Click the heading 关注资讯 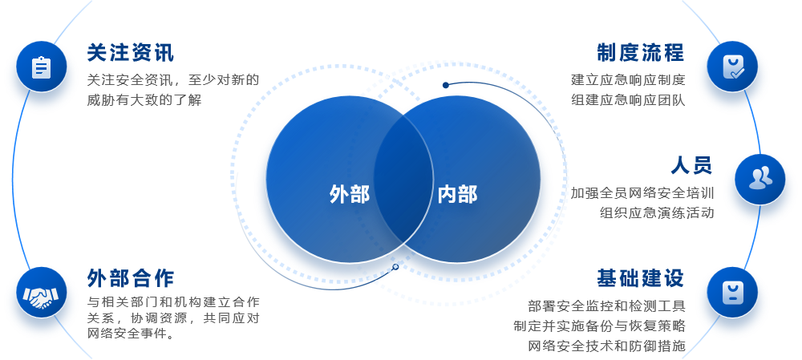[130, 53]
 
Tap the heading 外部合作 [130, 278]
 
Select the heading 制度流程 [640, 53]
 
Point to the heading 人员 [691, 166]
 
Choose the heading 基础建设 [640, 278]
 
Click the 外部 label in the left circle [350, 194]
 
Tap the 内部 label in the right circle [457, 194]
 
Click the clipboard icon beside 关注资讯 [41, 67]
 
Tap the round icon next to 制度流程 [733, 67]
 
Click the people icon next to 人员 [759, 179]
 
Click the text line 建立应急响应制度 [628, 80]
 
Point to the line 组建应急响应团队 [628, 100]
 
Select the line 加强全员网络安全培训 [642, 193]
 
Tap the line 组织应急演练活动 [657, 213]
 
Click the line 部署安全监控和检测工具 [606, 306]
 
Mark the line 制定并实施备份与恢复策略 [599, 326]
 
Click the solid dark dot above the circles [446, 85]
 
